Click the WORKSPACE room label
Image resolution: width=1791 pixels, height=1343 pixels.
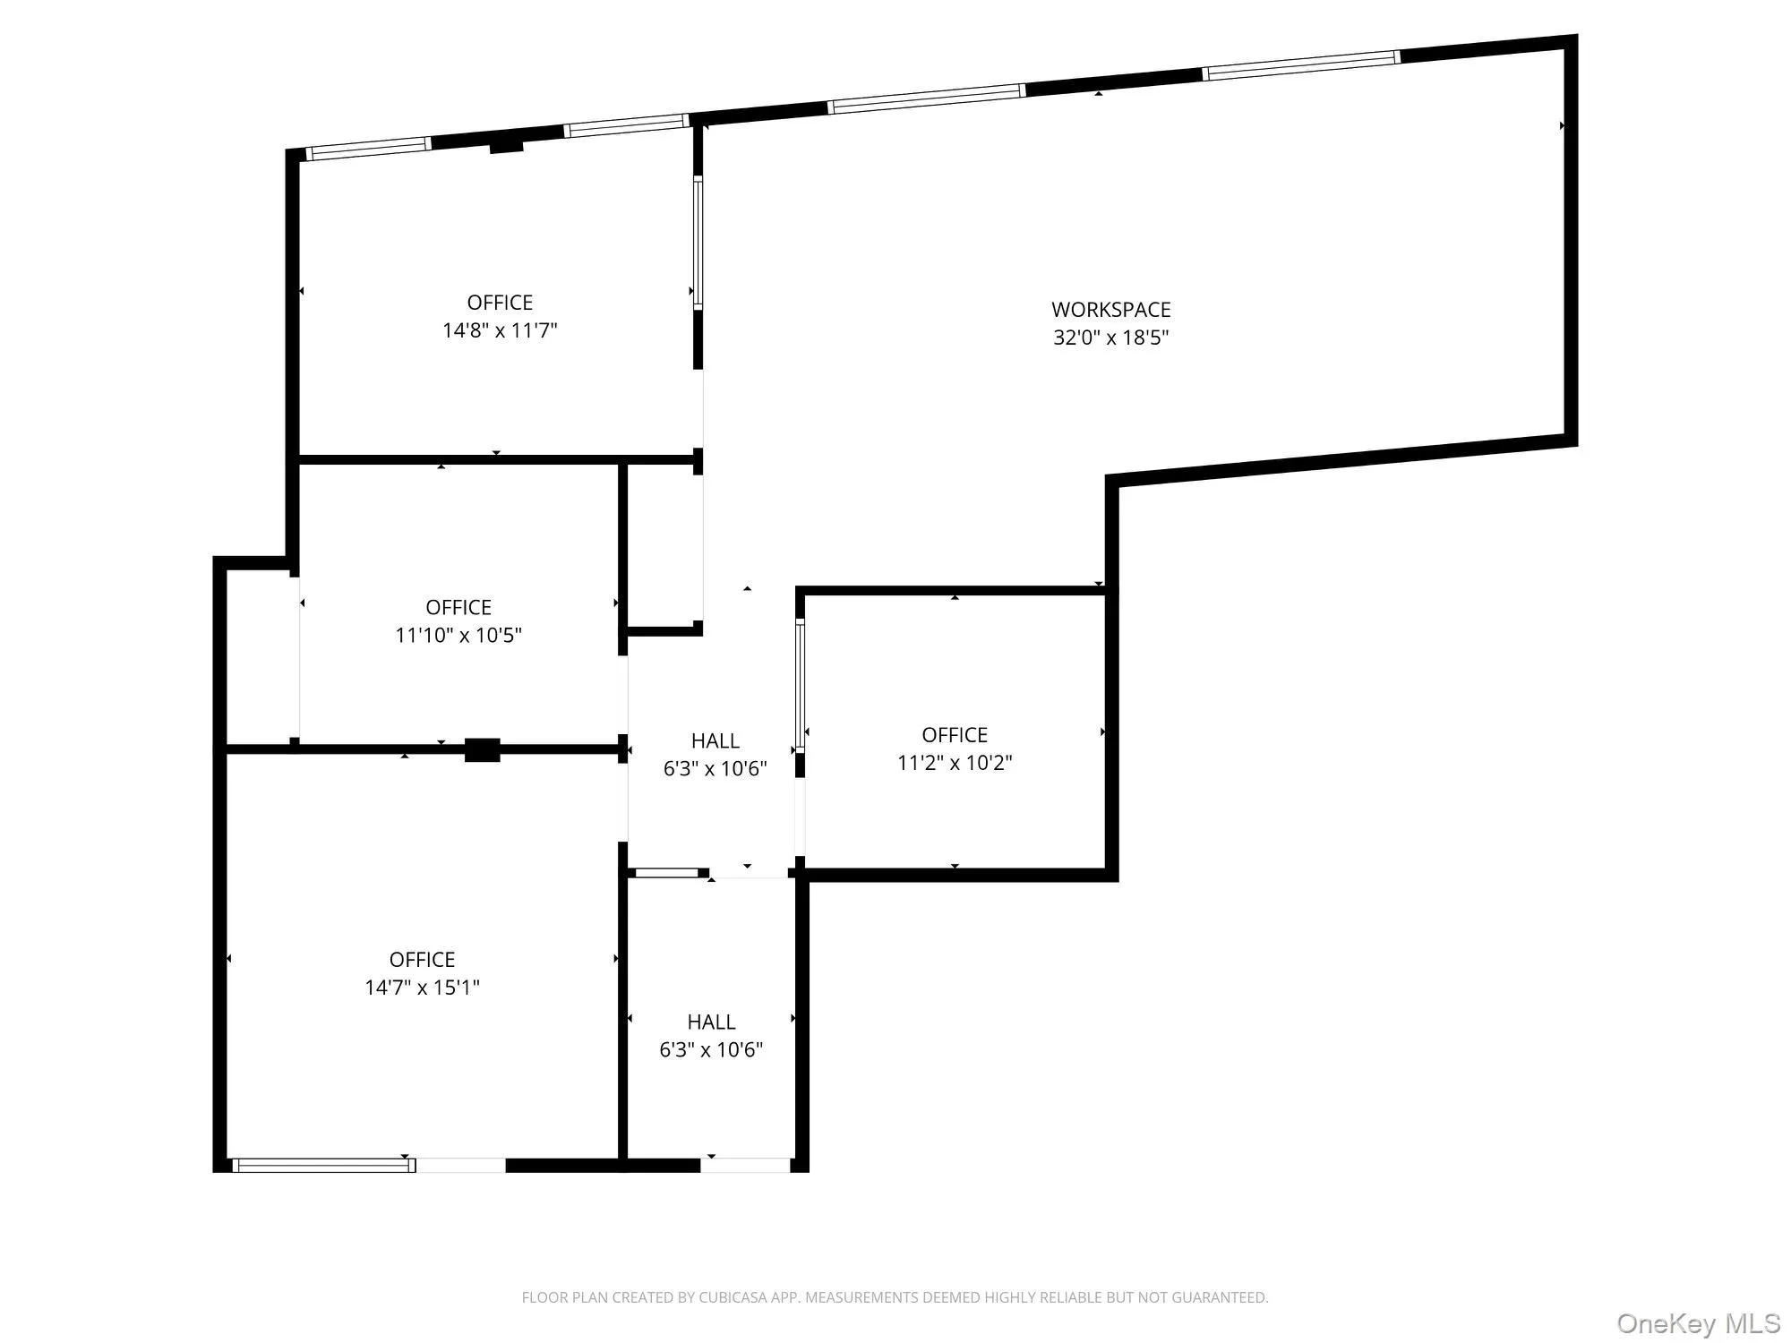(1110, 310)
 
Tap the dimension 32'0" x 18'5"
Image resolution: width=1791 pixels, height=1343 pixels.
(1110, 338)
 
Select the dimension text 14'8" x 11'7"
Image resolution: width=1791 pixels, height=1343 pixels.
(500, 330)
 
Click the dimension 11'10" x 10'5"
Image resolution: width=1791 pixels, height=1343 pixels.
(458, 636)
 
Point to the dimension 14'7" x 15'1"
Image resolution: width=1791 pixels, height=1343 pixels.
(422, 988)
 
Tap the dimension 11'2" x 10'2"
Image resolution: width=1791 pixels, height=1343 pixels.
(955, 763)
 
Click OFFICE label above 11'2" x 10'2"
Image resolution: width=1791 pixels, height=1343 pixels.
(955, 735)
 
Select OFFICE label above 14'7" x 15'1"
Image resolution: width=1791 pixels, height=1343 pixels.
(422, 960)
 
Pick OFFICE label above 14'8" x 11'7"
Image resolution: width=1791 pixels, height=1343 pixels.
(500, 303)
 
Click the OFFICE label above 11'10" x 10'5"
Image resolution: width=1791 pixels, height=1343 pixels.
(458, 608)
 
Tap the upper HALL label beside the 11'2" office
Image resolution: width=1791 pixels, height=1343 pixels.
(715, 741)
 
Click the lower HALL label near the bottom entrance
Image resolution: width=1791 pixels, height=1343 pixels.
(711, 1022)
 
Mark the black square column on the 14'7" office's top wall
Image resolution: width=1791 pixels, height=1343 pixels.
(482, 750)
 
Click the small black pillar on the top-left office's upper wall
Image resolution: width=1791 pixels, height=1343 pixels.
(506, 147)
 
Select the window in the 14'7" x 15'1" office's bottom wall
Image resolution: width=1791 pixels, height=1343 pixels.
(323, 1165)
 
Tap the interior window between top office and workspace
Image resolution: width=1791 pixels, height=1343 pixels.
(698, 243)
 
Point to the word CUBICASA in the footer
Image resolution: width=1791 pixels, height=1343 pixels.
(737, 1297)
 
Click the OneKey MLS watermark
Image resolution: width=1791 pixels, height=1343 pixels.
(1698, 1323)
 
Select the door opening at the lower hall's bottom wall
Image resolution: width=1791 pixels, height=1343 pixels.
(745, 1165)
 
